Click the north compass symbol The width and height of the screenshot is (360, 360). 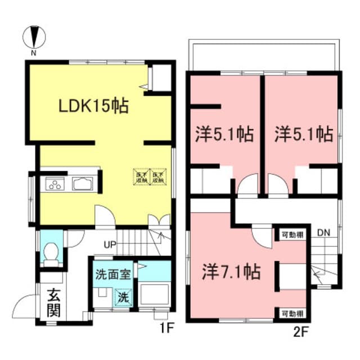[x=34, y=38]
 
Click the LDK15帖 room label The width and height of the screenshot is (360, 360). [x=94, y=105]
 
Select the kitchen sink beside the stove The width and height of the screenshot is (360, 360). [x=83, y=184]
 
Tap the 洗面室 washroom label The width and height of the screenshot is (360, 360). [x=113, y=275]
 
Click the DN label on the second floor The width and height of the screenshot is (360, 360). [x=323, y=232]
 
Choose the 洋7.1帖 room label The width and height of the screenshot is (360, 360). [x=231, y=273]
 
